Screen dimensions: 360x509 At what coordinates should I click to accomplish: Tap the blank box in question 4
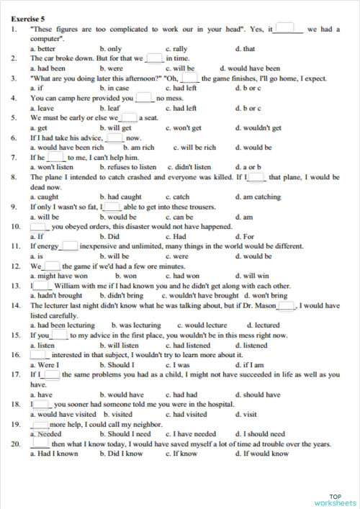[x=143, y=98]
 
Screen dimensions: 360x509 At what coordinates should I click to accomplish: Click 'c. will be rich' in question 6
[x=194, y=148]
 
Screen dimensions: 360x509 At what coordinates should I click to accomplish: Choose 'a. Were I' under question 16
[x=43, y=364]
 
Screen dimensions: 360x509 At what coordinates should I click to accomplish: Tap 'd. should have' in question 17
[x=258, y=395]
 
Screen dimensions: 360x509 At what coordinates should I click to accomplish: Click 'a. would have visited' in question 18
[x=63, y=414]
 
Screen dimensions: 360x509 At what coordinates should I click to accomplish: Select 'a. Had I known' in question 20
[x=54, y=454]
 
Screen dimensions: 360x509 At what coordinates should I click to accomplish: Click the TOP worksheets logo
[x=336, y=499]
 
